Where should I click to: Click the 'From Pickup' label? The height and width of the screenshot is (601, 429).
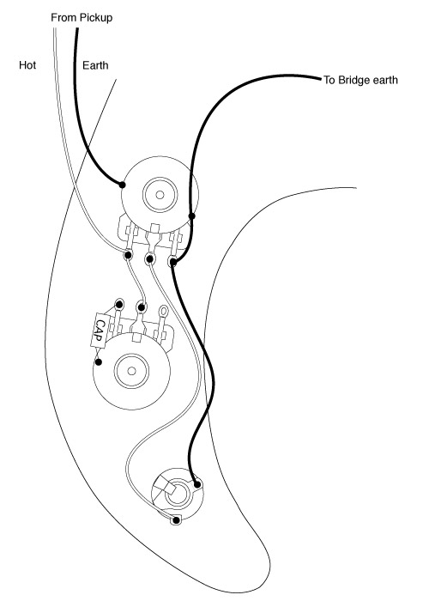82,18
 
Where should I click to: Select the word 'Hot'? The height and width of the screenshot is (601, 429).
27,64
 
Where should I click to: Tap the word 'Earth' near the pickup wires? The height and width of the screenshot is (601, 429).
95,65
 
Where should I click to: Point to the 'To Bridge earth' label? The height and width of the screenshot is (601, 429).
360,80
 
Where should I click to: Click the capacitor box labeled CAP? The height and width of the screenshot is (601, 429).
100,331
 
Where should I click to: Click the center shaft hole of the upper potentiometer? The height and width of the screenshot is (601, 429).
160,195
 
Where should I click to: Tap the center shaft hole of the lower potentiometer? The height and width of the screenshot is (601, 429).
132,371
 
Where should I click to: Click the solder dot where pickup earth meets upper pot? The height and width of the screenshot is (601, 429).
122,185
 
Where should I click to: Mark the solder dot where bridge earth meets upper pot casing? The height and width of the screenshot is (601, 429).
192,216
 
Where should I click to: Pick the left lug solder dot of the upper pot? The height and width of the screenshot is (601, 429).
128,254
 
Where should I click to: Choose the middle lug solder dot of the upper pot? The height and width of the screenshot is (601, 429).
150,259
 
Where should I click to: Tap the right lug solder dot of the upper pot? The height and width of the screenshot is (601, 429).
173,262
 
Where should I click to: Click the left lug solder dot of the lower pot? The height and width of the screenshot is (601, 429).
119,305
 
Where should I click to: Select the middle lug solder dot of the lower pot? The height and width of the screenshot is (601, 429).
142,307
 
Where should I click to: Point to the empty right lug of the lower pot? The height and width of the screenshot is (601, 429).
164,310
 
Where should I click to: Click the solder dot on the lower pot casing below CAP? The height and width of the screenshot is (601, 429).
99,361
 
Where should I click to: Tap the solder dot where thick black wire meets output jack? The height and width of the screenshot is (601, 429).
197,484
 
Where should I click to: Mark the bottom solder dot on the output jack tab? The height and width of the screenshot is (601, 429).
177,520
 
